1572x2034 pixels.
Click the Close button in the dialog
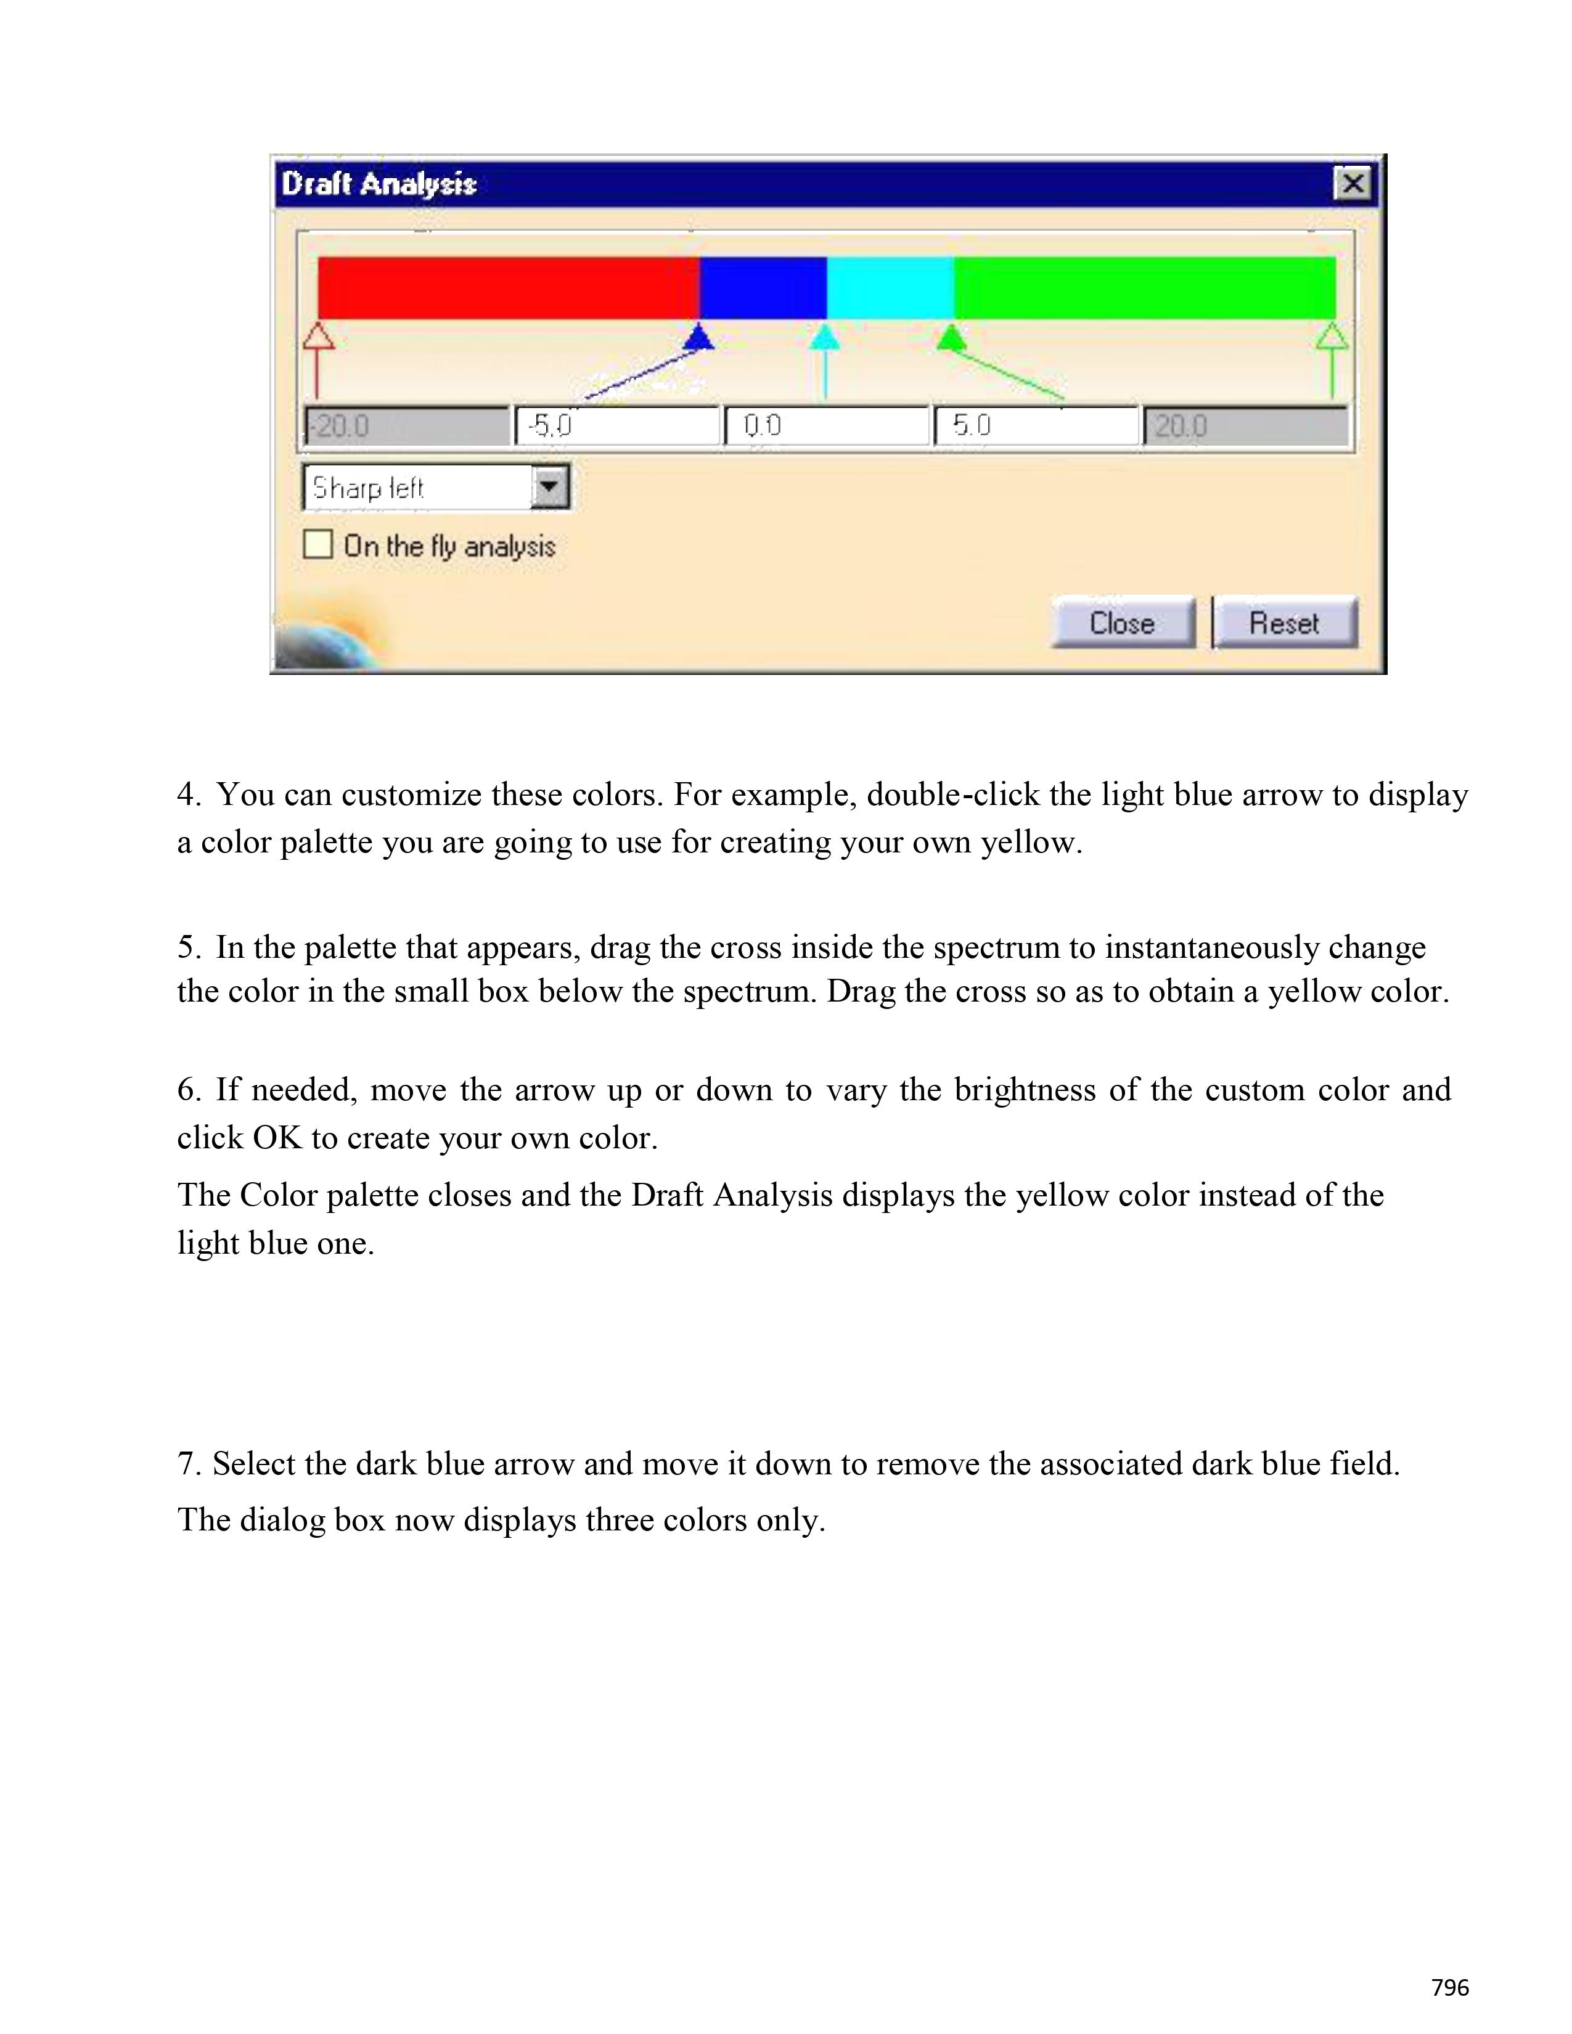pyautogui.click(x=1122, y=622)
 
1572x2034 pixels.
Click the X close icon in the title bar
pyautogui.click(x=1352, y=184)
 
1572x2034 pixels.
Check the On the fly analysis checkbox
pyautogui.click(x=317, y=544)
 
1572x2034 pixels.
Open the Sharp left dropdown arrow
pyautogui.click(x=549, y=486)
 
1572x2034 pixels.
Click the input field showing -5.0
pyautogui.click(x=616, y=427)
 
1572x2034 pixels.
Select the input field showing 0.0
pyautogui.click(x=827, y=427)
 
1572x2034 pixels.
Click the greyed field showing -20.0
pyautogui.click(x=407, y=427)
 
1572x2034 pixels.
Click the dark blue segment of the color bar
pyautogui.click(x=763, y=288)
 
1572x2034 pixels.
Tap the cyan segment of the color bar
pyautogui.click(x=890, y=288)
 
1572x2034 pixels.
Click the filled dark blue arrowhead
pyautogui.click(x=698, y=337)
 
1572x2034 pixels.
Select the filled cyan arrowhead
pyautogui.click(x=824, y=337)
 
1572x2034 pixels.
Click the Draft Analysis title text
pyautogui.click(x=379, y=184)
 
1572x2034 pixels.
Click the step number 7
pyautogui.click(x=187, y=1464)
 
